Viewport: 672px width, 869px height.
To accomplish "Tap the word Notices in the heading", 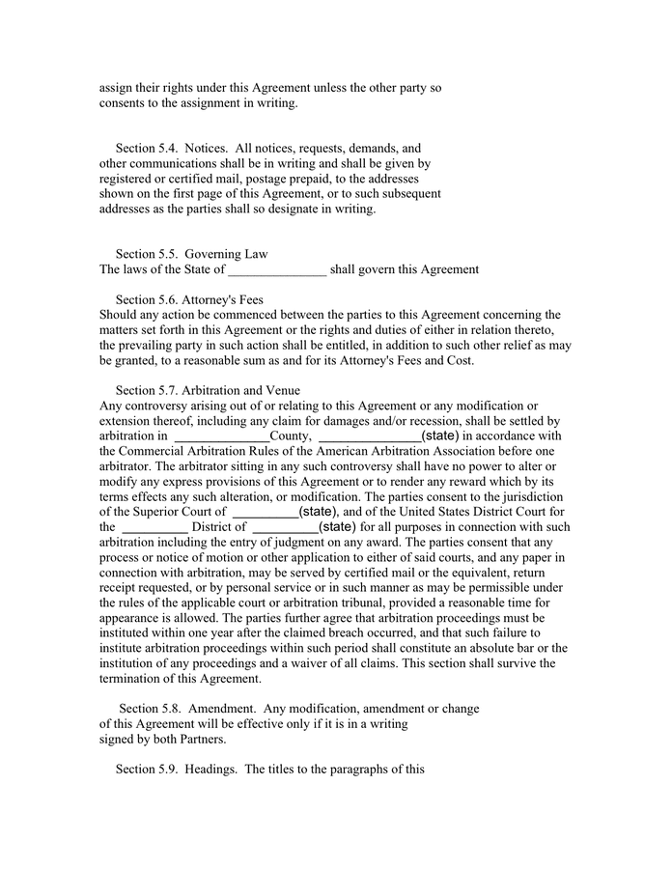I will (205, 149).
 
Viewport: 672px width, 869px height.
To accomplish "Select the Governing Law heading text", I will (227, 254).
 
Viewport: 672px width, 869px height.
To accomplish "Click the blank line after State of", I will (277, 270).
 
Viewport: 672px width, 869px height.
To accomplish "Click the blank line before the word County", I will (220, 436).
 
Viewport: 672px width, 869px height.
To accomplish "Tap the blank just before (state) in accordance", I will (369, 436).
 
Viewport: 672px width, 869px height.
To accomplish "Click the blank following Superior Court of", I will (266, 512).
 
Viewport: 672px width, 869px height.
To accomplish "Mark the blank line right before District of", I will (154, 527).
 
